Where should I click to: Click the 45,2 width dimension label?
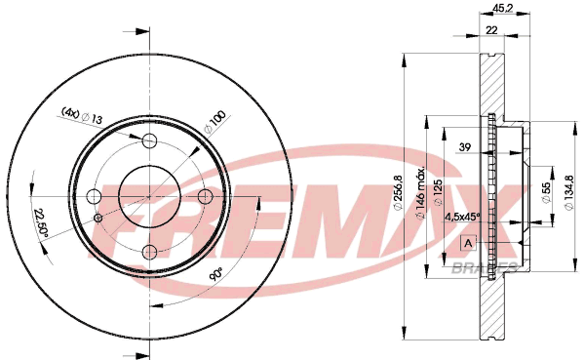503,8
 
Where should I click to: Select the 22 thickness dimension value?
491,30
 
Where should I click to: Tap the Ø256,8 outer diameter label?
398,192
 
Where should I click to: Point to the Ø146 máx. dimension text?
420,193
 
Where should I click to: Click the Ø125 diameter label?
438,192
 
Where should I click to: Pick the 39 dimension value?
464,147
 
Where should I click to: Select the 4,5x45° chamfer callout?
462,217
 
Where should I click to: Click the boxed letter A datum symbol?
469,243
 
